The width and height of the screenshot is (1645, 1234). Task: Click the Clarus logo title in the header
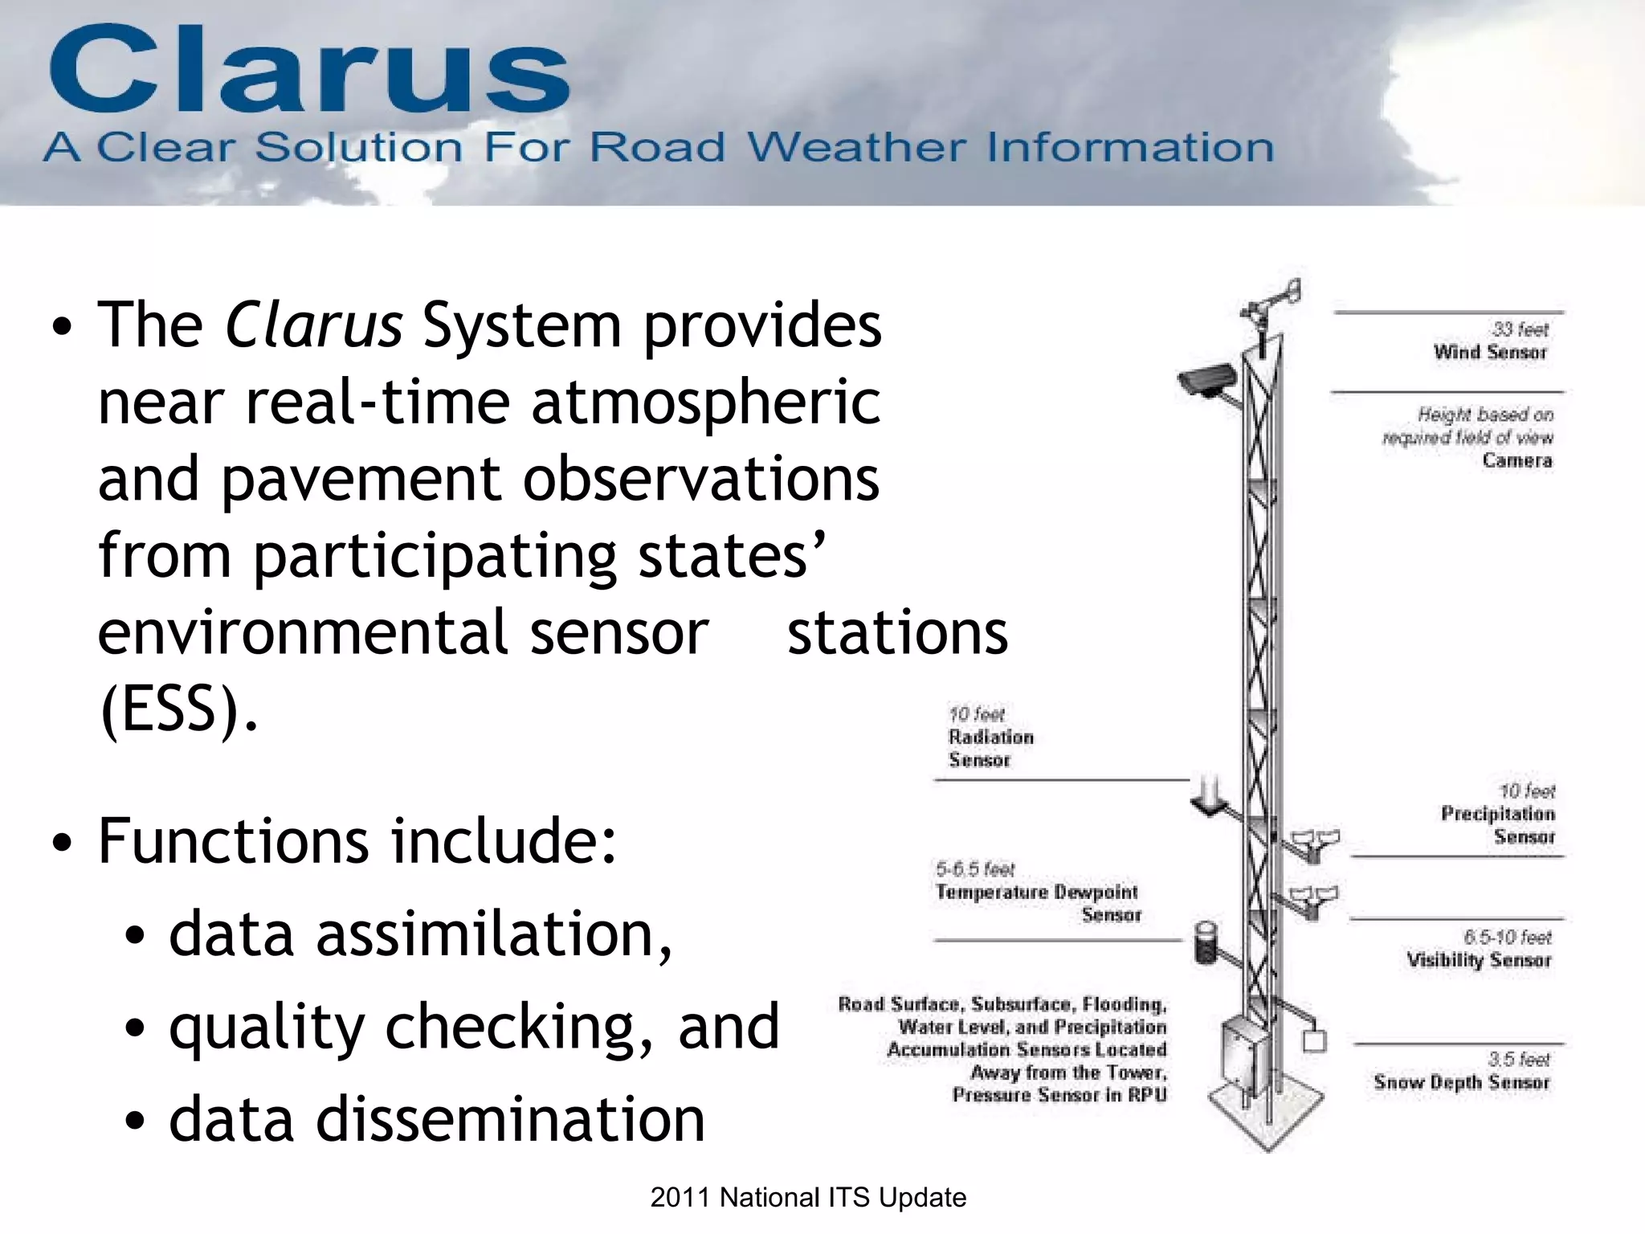coord(309,71)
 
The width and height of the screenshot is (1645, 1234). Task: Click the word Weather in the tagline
coord(856,148)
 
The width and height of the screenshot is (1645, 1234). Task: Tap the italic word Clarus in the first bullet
coord(313,325)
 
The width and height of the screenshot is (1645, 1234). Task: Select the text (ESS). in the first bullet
coord(178,709)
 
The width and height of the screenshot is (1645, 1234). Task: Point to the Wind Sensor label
coord(1490,352)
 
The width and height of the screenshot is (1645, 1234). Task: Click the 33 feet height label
coord(1520,329)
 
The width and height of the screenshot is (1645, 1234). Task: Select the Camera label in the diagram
coord(1516,460)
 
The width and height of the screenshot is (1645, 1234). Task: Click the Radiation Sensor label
coord(990,748)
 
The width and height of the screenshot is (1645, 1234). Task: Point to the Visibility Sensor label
coord(1479,960)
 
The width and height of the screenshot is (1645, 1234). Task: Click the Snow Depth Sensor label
coord(1461,1082)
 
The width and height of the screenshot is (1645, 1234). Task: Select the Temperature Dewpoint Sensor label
coord(1037,903)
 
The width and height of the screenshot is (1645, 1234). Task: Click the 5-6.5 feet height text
coord(974,869)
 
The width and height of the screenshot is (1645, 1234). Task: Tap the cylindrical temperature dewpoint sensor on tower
coord(1206,943)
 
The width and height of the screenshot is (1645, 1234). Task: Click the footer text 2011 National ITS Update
coord(808,1198)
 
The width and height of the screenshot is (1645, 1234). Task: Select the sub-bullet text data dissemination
coord(436,1119)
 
